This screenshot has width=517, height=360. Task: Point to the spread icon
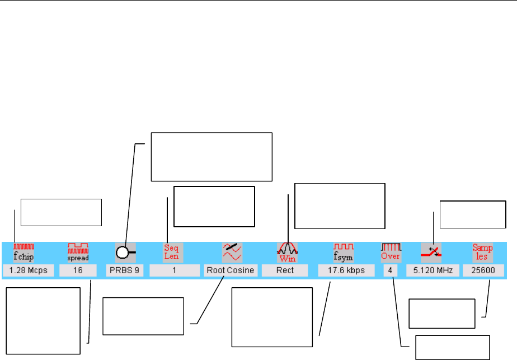point(78,253)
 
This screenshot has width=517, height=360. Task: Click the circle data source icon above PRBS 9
point(124,253)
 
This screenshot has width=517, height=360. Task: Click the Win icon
point(287,253)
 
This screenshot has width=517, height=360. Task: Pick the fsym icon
point(344,253)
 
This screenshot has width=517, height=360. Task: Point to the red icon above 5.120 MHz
point(431,253)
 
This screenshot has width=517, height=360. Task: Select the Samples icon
point(483,253)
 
